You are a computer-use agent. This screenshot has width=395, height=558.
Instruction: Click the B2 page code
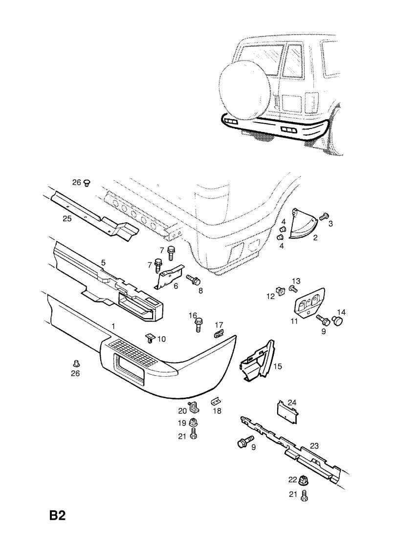57,515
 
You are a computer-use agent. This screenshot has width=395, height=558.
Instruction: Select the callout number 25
67,218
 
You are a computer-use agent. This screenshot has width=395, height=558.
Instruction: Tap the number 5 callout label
103,262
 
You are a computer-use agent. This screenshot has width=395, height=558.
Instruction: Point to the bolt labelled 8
193,280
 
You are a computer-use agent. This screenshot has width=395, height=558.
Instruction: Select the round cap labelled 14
337,320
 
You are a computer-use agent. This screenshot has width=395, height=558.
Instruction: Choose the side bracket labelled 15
258,362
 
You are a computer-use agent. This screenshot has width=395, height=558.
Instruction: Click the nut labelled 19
194,423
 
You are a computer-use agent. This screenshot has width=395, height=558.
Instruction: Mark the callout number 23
314,446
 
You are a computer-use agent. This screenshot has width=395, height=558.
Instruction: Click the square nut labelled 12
281,291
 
